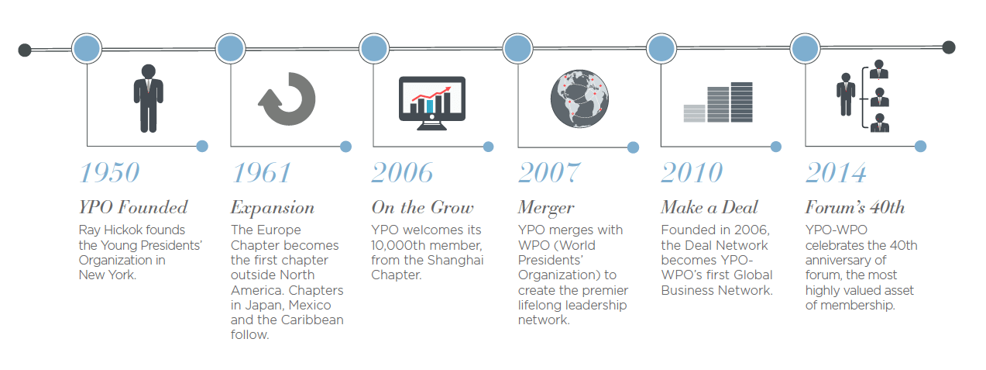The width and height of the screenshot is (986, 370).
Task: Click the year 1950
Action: click(109, 172)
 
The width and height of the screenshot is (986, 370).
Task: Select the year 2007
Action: click(548, 172)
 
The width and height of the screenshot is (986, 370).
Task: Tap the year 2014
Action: click(836, 172)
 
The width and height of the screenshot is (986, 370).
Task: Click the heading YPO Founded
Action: click(133, 207)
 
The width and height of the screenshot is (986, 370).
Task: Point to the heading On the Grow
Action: click(422, 207)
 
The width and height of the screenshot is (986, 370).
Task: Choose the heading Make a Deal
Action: click(709, 207)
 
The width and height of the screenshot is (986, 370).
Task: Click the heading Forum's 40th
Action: click(854, 207)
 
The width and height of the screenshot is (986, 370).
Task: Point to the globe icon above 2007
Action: click(578, 99)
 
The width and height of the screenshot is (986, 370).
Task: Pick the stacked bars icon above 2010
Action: click(718, 102)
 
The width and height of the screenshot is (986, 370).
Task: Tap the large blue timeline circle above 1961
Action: click(230, 49)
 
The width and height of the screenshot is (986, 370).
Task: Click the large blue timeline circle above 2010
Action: click(661, 49)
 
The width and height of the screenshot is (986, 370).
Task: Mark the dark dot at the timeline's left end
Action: click(25, 50)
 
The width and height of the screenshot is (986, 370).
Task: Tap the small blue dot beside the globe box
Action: click(633, 147)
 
